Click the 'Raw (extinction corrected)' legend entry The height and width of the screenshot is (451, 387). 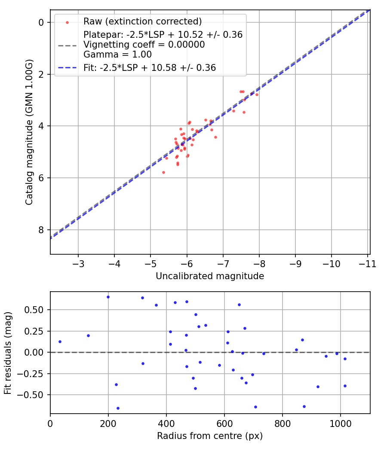[142, 21]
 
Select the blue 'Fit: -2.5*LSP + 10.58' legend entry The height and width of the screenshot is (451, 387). [150, 67]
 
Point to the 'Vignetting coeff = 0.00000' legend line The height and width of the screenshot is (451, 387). [144, 45]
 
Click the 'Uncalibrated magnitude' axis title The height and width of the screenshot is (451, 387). [210, 276]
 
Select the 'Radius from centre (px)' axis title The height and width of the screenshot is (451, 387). [210, 436]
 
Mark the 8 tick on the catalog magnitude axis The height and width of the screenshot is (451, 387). [42, 230]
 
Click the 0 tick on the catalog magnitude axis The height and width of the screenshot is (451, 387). [42, 22]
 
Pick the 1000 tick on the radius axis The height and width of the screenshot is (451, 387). [341, 424]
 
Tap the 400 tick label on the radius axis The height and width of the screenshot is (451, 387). [166, 424]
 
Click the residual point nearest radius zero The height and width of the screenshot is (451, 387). [60, 341]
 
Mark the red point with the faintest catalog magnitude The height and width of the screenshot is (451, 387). [163, 172]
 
